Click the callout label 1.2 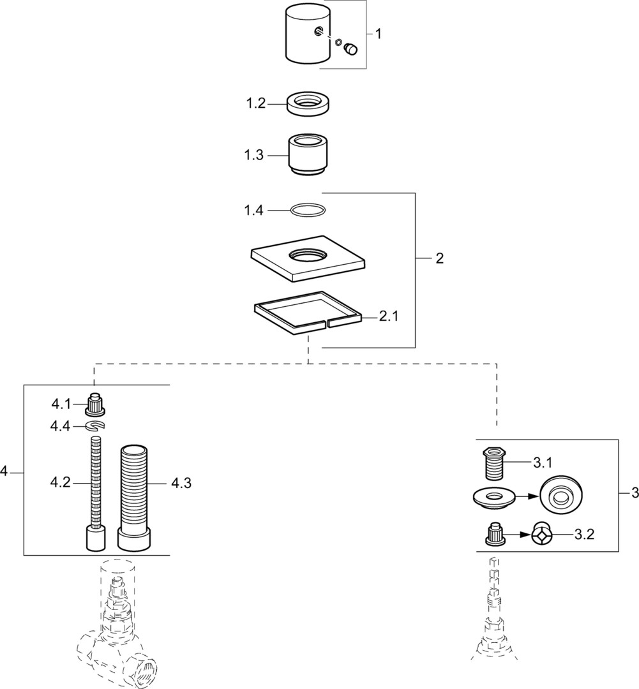coord(255,104)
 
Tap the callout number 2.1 coord(389,316)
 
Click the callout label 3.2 coord(584,535)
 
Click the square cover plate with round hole coord(308,261)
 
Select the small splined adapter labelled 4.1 coord(95,404)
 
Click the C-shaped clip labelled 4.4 coord(95,426)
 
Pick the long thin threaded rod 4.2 coord(96,485)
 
